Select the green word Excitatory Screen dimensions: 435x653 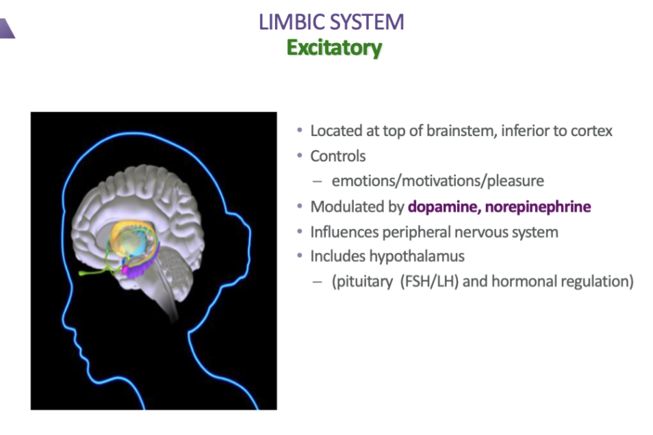point(333,48)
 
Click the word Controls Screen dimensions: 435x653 point(338,156)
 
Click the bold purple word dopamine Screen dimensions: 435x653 point(441,207)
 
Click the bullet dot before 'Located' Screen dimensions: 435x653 point(299,131)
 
